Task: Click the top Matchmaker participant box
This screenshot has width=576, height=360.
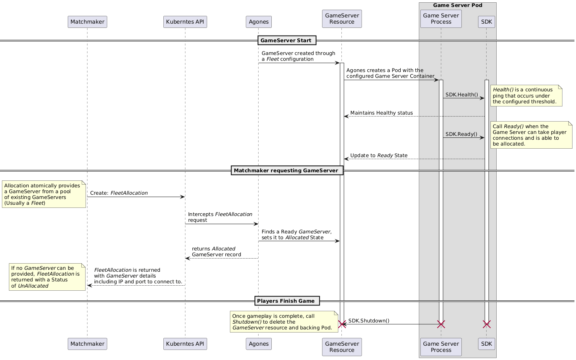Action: click(87, 22)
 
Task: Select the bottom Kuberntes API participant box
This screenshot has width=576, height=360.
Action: click(185, 344)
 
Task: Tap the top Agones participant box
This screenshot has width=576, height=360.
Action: click(259, 22)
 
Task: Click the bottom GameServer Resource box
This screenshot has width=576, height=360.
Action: click(342, 347)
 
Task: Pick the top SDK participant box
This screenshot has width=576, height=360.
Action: click(487, 22)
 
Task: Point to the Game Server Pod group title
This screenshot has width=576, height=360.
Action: click(457, 5)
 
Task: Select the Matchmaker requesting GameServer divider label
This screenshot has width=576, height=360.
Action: click(287, 170)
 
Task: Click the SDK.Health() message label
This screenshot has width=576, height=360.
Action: click(461, 95)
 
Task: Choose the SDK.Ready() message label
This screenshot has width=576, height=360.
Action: click(461, 134)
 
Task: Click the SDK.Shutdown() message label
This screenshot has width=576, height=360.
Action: click(369, 321)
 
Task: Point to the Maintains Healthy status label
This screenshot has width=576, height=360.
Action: click(381, 113)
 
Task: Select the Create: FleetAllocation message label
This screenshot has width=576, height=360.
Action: click(119, 193)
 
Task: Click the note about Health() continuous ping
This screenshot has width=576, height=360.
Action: click(526, 96)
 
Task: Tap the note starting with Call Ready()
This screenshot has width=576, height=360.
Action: click(531, 135)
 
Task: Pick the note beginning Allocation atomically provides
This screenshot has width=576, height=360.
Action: click(44, 194)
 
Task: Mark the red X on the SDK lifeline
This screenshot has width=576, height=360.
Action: click(487, 324)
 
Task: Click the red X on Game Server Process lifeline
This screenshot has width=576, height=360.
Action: click(441, 324)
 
